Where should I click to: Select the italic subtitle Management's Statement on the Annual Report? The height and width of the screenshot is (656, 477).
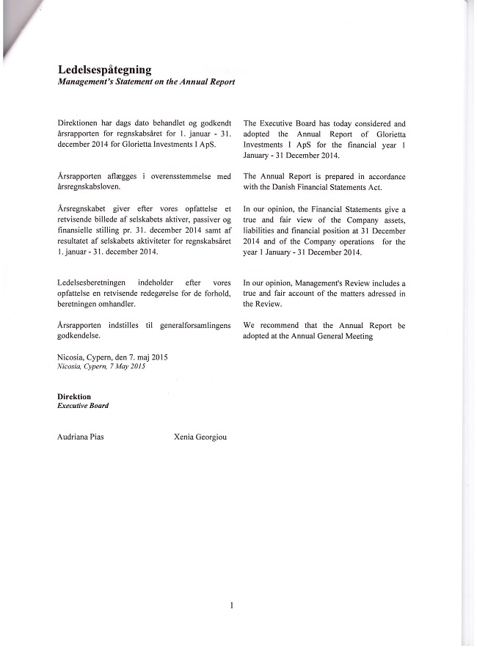(x=146, y=82)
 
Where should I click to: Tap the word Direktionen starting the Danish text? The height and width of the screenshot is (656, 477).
(x=81, y=124)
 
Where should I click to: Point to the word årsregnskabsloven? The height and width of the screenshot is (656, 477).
(x=93, y=187)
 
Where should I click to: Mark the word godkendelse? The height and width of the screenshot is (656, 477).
(x=79, y=335)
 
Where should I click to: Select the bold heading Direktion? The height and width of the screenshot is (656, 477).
(x=74, y=396)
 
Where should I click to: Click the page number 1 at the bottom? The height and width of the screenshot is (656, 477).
(x=232, y=606)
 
